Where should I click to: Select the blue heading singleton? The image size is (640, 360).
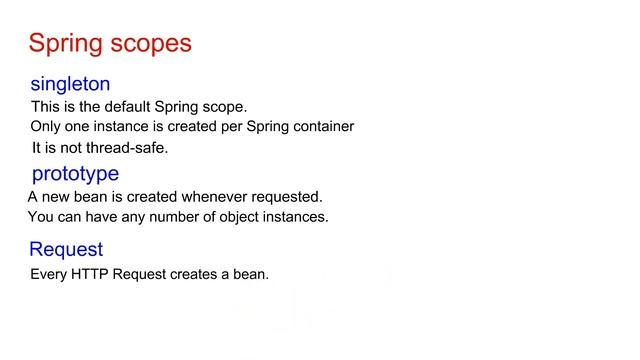click(x=70, y=84)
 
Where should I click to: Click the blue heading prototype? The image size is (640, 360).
click(x=75, y=174)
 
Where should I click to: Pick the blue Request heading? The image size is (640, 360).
click(x=66, y=249)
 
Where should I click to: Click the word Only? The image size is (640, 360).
click(x=45, y=127)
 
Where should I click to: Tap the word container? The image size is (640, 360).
click(x=322, y=127)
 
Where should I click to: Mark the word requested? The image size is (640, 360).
click(x=286, y=197)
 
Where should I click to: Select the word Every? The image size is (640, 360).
click(x=47, y=274)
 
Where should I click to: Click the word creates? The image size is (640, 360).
click(x=196, y=274)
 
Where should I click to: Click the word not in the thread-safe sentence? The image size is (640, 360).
click(x=73, y=148)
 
